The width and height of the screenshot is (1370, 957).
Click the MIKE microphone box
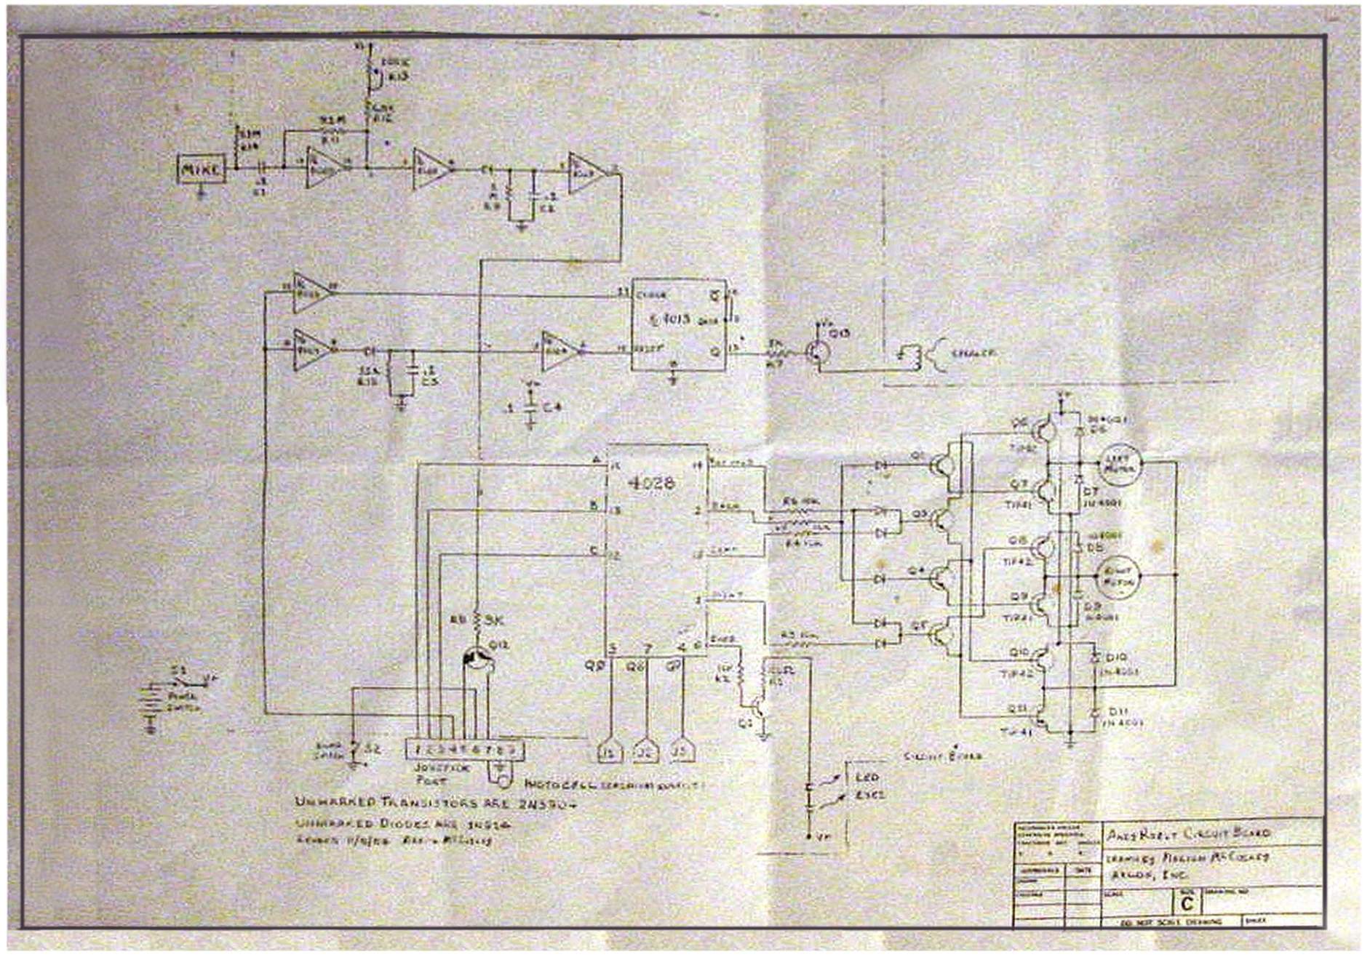coord(202,169)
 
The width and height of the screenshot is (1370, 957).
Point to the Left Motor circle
coord(1119,463)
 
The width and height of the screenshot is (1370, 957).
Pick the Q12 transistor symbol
coord(477,660)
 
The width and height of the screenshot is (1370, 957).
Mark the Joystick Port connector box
coord(464,750)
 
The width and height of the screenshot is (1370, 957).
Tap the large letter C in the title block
coord(1187,902)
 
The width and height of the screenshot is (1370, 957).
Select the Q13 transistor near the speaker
coord(819,351)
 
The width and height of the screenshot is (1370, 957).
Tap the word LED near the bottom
coord(867,777)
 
